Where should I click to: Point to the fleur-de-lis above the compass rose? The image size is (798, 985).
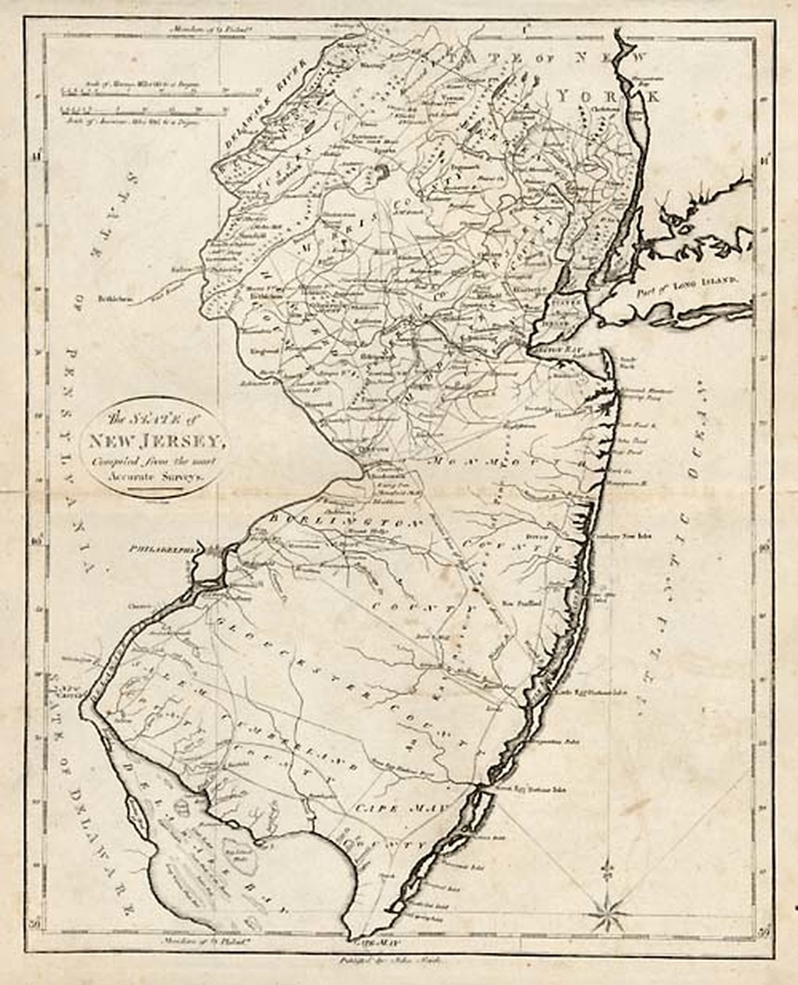click(608, 867)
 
